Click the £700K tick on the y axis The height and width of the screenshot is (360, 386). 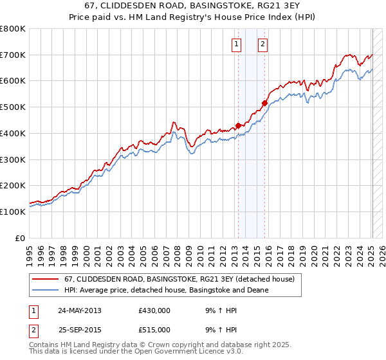point(13,55)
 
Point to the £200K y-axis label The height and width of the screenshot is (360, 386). point(13,185)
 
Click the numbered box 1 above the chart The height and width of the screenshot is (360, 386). point(237,44)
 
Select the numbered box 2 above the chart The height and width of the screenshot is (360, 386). point(264,44)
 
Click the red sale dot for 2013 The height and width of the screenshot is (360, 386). point(238,125)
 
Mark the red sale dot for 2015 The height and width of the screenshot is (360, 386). point(264,103)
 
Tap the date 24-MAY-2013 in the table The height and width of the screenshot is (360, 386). point(80,310)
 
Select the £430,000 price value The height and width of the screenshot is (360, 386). point(154,310)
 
